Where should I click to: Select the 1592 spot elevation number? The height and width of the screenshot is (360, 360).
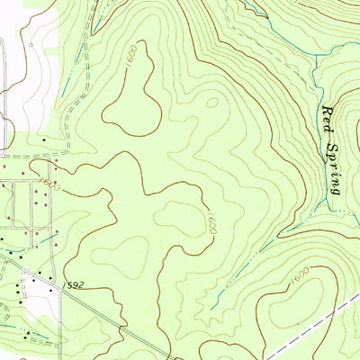tap(76, 284)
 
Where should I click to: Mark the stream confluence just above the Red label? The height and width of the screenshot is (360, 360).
tap(314, 83)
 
